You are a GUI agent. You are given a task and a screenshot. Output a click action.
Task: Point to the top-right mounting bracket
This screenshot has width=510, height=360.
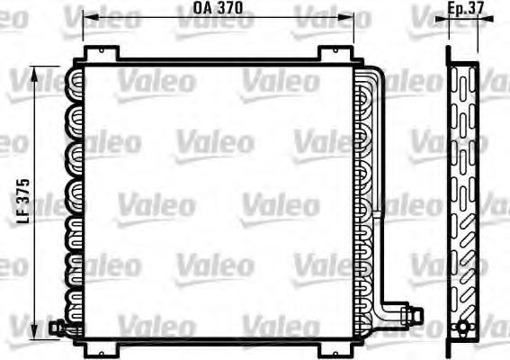pos(334,55)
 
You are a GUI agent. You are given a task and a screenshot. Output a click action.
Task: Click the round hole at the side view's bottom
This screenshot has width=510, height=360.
pos(464,327)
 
